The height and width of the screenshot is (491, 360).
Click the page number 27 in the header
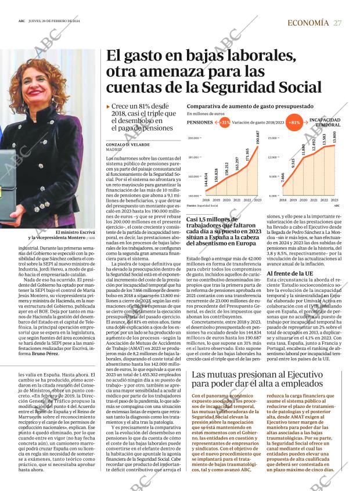pos(338,23)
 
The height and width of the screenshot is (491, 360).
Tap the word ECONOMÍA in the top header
pos(308,23)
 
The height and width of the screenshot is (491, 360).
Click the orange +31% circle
pos(224,122)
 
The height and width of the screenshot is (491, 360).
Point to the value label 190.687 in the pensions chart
pos(257,142)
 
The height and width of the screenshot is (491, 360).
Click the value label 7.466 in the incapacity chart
pos(283,178)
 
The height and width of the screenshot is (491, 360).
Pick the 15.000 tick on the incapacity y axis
pos(272,138)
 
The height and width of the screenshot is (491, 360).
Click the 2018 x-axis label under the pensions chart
pos(206,200)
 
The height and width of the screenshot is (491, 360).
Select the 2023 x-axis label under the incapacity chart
pos(334,200)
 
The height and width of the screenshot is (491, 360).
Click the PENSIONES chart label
pos(200,123)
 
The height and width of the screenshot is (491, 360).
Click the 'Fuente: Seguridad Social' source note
pos(202,205)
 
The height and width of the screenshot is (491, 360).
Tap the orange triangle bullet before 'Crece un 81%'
pos(109,107)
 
